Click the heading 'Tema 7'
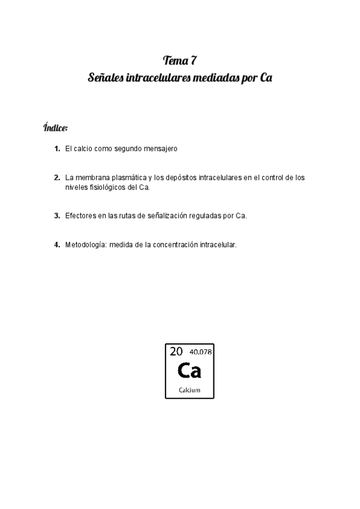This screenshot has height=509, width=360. click(180, 60)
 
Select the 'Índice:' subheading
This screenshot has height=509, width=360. click(55, 128)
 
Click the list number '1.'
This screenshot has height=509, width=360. click(57, 148)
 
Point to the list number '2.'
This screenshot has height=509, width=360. click(57, 178)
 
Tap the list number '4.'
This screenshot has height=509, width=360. click(57, 244)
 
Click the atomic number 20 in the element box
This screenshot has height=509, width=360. click(176, 352)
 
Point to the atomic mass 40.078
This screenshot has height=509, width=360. click(200, 352)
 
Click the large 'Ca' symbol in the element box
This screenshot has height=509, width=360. click(190, 371)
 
